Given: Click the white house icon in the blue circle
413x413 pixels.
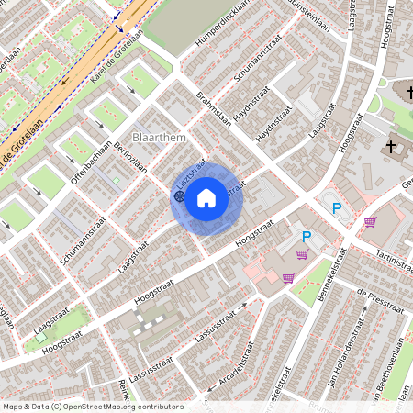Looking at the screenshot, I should click(206, 197).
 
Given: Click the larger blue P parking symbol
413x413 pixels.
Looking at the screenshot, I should click(337, 208).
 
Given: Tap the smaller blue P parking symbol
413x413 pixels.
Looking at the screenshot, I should click(307, 237).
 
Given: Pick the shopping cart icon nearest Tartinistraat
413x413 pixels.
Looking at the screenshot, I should click(370, 221).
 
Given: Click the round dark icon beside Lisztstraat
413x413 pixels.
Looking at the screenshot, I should click(178, 195).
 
